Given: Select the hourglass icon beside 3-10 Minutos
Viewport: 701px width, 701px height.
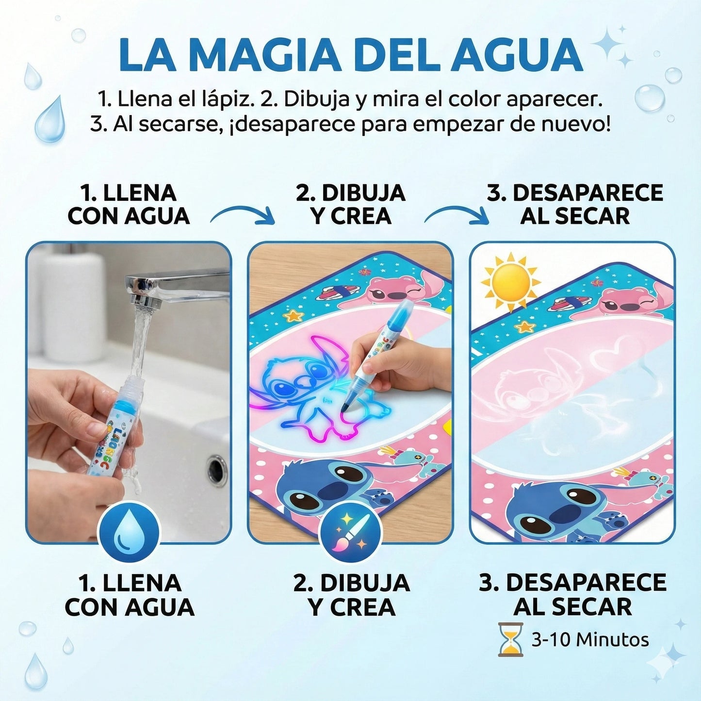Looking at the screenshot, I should point(511,640).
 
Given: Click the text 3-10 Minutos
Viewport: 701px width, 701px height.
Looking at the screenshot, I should point(590,640).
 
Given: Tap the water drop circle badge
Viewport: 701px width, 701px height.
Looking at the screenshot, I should point(129,532).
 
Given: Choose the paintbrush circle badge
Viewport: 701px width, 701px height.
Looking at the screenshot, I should point(351,532).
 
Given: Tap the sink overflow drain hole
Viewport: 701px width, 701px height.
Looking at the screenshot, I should point(217,469).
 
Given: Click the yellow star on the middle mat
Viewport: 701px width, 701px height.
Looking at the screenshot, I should point(293,316).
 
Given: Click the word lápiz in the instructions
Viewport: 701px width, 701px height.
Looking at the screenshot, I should point(228,99).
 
